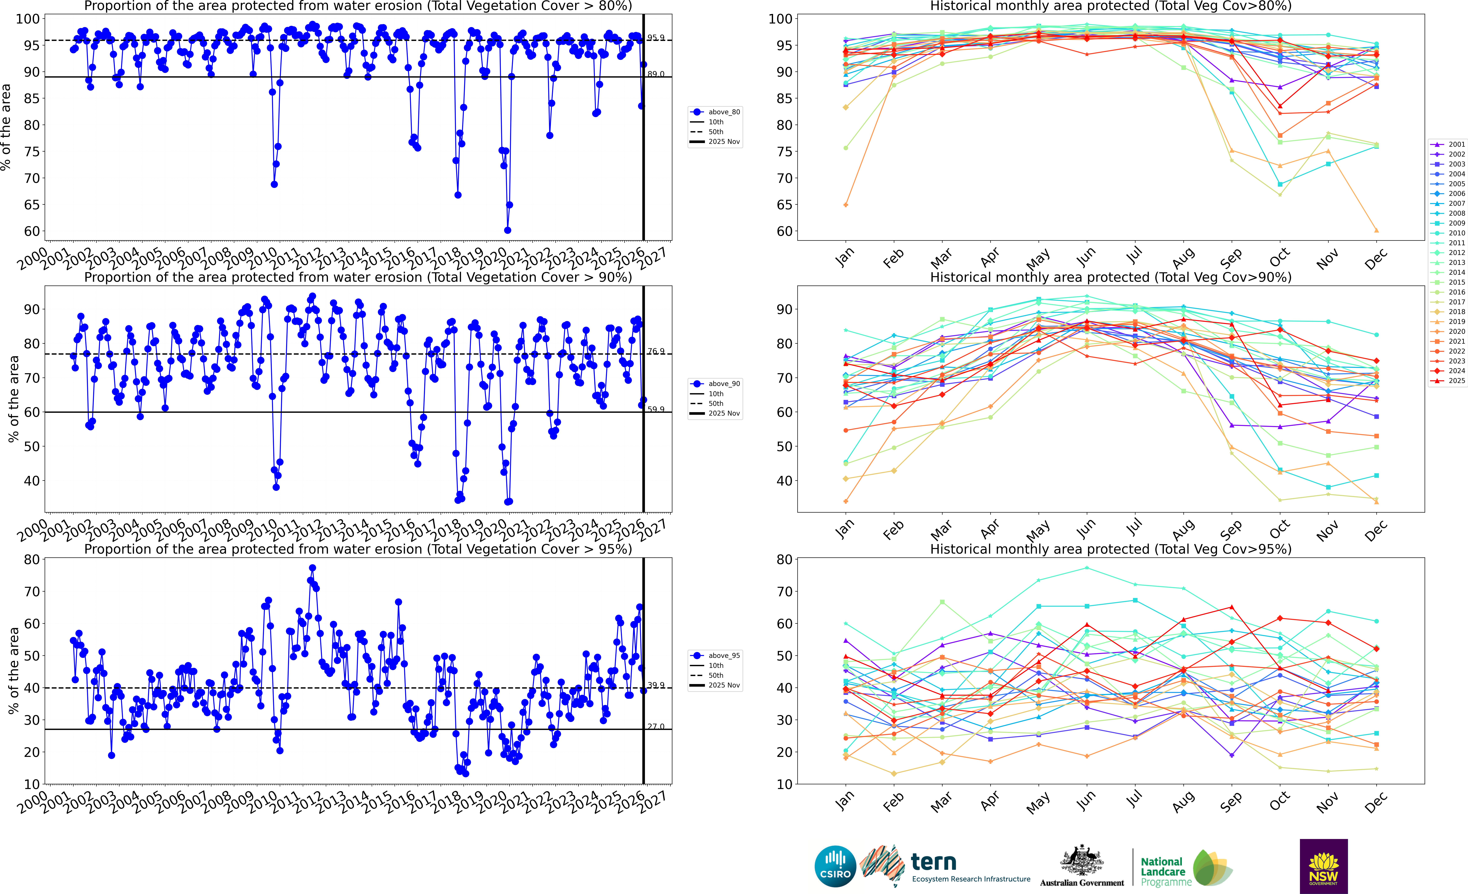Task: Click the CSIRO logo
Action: click(x=835, y=866)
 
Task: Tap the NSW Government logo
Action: click(x=1323, y=866)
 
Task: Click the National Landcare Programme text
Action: click(x=1166, y=871)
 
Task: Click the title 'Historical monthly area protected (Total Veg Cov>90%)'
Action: click(x=1111, y=277)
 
